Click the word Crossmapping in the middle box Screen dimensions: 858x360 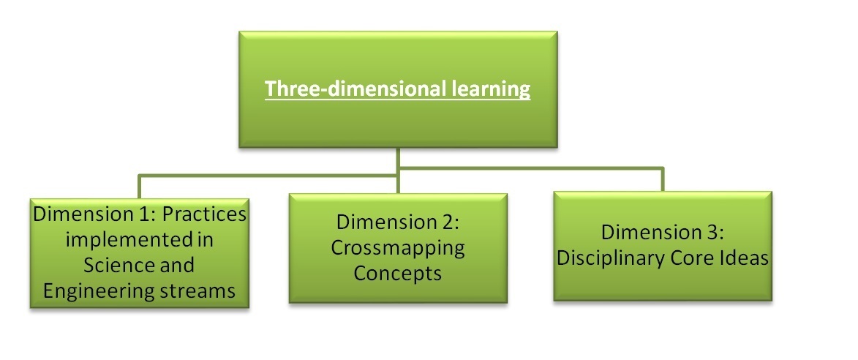click(398, 248)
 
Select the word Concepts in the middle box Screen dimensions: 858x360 click(398, 272)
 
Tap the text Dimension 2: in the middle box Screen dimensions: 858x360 click(397, 222)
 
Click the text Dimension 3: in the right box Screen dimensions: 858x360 click(663, 232)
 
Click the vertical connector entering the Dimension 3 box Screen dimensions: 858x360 click(663, 179)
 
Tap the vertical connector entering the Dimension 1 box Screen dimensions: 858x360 click(139, 187)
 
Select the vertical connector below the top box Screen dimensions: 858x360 click(398, 170)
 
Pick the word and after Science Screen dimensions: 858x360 click(177, 265)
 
